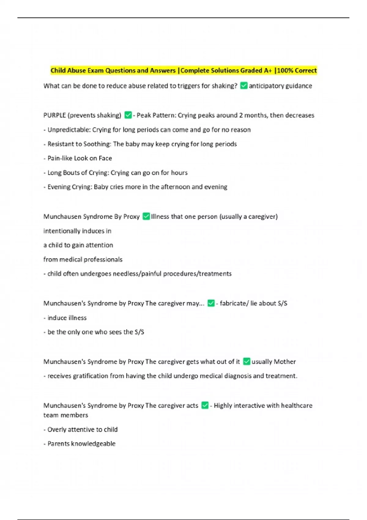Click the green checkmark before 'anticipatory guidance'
(x=244, y=86)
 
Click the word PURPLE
(x=54, y=115)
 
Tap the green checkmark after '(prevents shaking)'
(x=128, y=115)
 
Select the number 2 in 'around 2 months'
(x=241, y=115)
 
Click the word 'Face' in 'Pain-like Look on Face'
(x=105, y=158)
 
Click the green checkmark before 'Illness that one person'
(x=146, y=216)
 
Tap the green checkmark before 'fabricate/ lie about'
(x=211, y=303)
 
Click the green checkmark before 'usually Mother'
(x=247, y=362)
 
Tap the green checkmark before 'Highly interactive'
(x=205, y=405)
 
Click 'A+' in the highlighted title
(x=268, y=70)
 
